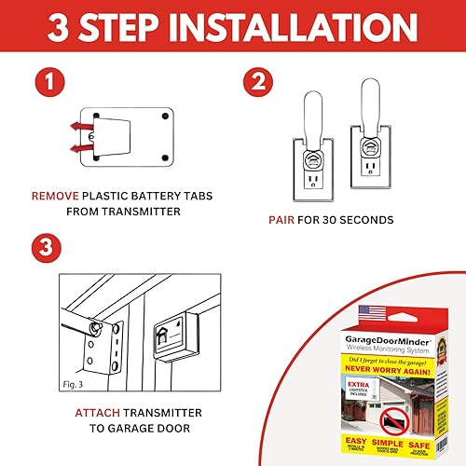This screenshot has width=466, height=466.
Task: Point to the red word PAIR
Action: point(282,221)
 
